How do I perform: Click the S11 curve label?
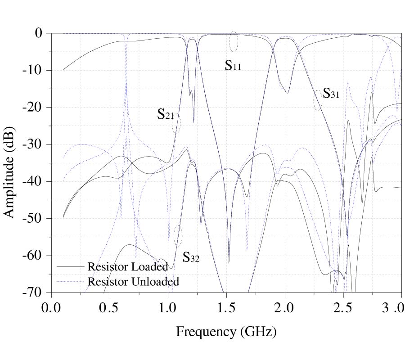233,66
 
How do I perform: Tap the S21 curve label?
165,114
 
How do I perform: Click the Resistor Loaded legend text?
128,266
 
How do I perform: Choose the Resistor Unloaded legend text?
133,282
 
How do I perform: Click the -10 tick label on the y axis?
33,70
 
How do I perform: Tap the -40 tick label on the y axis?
33,181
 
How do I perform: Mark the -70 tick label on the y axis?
33,292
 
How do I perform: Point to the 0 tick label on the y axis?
39,33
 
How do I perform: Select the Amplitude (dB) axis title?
9,163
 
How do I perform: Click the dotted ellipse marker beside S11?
233,41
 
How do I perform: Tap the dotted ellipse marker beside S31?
318,100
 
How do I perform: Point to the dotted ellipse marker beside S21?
176,123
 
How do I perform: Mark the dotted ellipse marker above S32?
178,235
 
